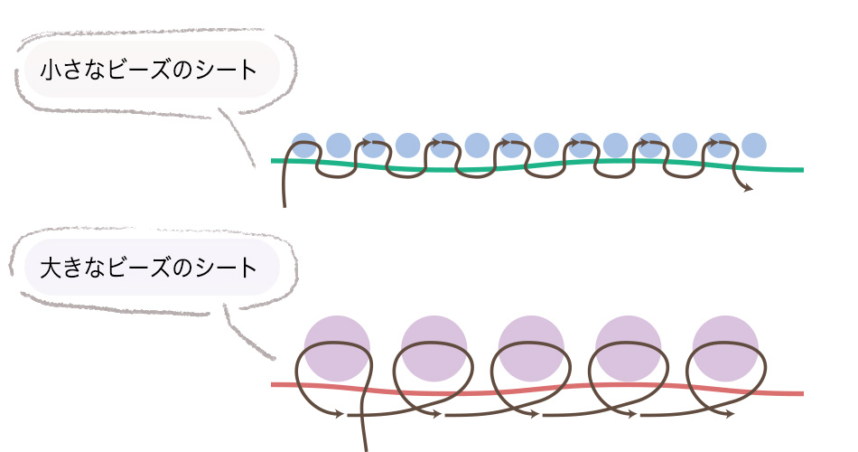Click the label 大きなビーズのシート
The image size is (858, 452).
pos(149,268)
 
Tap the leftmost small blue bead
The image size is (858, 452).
pos(304,145)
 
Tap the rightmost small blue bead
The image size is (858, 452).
pos(754,145)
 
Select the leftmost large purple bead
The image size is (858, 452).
pos(337,348)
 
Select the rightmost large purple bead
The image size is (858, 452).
pos(725,348)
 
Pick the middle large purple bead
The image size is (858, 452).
pos(531,348)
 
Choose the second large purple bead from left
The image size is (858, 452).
pos(434,348)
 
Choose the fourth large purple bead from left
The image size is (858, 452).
pos(629,348)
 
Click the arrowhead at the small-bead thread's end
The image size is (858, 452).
pos(749,189)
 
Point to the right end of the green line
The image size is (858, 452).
pos(800,169)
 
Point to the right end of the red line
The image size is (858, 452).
pos(800,393)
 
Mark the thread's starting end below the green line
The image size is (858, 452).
pos(284,204)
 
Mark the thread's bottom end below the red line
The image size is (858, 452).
pos(365,447)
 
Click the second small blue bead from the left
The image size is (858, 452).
pos(339,145)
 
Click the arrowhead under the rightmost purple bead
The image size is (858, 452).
pos(729,416)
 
